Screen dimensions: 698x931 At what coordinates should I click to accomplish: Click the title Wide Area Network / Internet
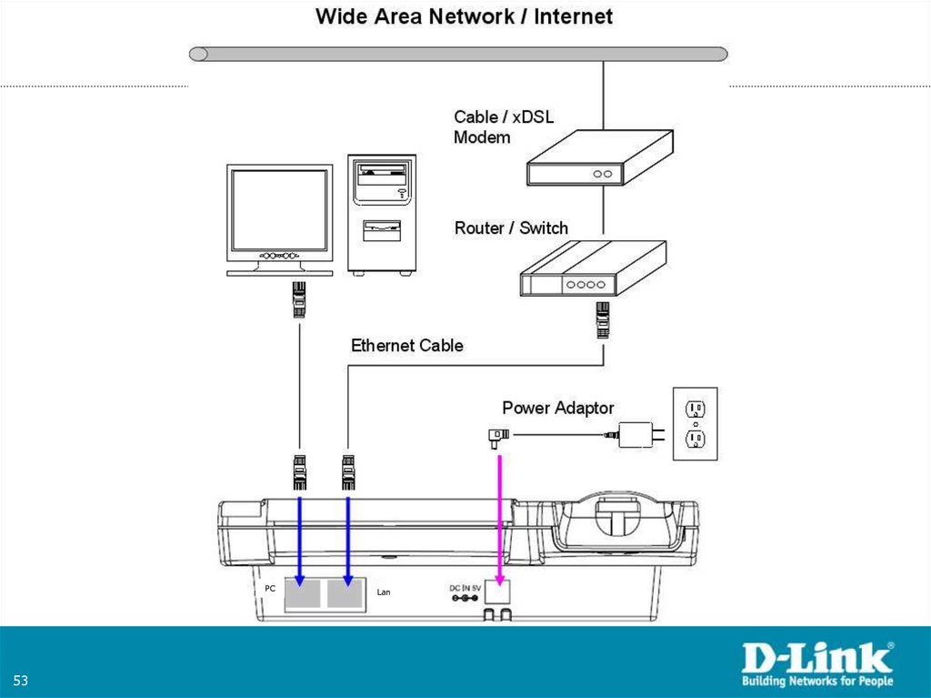tap(464, 16)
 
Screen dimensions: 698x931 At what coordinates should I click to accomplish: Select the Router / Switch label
tap(511, 228)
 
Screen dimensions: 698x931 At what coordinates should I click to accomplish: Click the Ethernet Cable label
tap(406, 346)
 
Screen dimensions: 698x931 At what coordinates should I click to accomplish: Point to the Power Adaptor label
tap(557, 409)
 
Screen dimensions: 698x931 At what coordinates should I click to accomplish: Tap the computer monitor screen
tap(279, 210)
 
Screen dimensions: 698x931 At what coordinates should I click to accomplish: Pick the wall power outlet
tap(695, 423)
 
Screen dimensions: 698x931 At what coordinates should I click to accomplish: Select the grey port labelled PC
tap(302, 594)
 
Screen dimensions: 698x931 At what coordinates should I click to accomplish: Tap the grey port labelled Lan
tap(345, 594)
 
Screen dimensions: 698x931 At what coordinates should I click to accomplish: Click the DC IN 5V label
tap(465, 589)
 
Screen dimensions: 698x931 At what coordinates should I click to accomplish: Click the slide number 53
tap(20, 682)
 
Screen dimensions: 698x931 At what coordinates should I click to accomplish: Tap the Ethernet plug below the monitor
tap(299, 299)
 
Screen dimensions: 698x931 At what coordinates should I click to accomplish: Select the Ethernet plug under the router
tap(601, 320)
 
